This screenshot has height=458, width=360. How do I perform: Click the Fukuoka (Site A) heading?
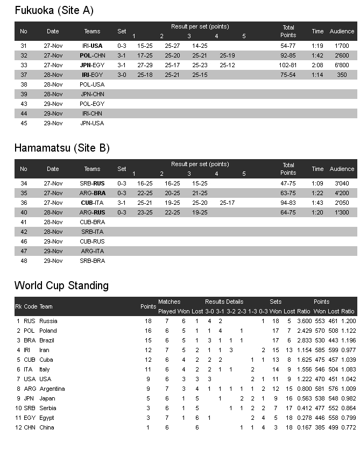click(54, 10)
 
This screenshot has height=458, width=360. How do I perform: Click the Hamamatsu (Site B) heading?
click(62, 148)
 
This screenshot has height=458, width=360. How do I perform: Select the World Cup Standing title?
click(61, 285)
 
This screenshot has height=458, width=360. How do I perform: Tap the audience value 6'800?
click(342, 65)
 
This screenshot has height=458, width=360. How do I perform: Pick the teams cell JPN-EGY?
click(92, 65)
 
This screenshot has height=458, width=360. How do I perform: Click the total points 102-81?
click(288, 65)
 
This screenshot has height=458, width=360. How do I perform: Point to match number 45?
click(24, 123)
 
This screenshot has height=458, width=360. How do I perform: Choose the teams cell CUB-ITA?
click(92, 203)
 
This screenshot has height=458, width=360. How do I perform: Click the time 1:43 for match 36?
click(317, 203)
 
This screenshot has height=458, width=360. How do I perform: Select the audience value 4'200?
click(342, 193)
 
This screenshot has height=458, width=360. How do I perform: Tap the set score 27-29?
click(145, 65)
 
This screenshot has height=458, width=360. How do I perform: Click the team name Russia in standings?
click(48, 321)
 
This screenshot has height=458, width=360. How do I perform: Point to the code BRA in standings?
click(30, 340)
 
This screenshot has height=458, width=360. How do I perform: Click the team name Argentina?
click(52, 389)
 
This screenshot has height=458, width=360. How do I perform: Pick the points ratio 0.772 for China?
click(348, 427)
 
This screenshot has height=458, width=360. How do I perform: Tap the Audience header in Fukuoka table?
click(342, 31)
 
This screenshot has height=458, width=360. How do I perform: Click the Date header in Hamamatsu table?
click(53, 169)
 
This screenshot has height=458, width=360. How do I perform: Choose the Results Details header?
click(224, 302)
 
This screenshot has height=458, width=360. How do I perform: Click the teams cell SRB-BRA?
click(92, 261)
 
